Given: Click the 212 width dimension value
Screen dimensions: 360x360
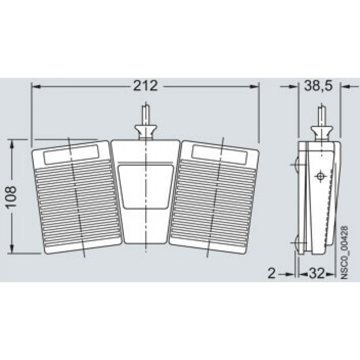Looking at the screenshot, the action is pos(145,86).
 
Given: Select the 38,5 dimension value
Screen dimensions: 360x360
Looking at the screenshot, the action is pos(319,86).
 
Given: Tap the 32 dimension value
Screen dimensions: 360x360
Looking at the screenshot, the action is pos(317,273).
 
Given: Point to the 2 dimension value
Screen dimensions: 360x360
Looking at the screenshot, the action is pos(272,273).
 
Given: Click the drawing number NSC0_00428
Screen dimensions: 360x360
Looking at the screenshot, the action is pos(344,252).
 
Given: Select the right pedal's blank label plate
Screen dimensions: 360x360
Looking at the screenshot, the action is pos(220,155).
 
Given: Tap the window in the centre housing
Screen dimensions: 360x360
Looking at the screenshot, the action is pos(145,186).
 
